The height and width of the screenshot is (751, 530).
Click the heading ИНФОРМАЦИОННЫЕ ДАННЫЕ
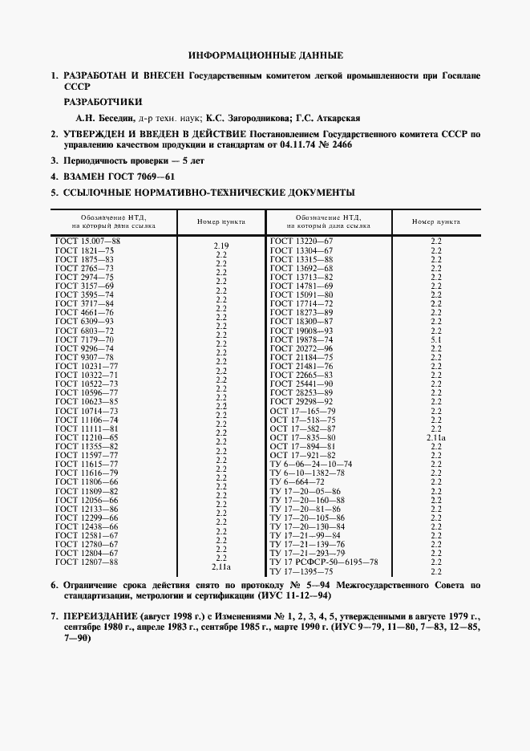coord(265,55)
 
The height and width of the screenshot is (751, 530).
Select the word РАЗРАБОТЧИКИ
coord(103,102)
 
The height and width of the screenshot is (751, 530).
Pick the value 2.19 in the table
coord(222,246)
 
